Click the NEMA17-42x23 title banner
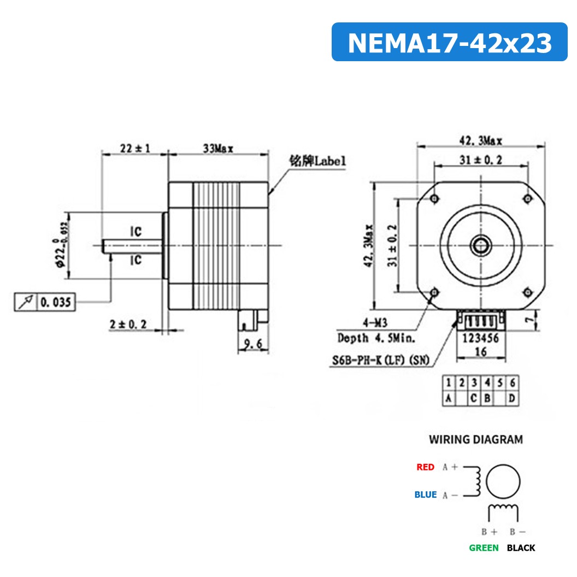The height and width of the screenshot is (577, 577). (449, 42)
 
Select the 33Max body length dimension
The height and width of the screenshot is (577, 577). (218, 148)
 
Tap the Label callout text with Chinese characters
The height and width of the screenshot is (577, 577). (317, 161)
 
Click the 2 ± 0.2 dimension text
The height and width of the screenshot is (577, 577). (128, 324)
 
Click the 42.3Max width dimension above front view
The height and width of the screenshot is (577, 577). (481, 141)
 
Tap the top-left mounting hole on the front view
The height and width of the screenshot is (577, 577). (434, 198)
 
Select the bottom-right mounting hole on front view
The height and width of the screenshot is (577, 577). (528, 292)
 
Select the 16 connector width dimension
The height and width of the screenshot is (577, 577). (481, 352)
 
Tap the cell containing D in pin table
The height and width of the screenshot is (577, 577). (511, 398)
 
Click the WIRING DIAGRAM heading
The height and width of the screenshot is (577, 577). (475, 439)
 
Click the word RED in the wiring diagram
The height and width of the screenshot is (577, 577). (425, 467)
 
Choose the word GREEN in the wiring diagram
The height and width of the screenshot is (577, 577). (484, 547)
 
